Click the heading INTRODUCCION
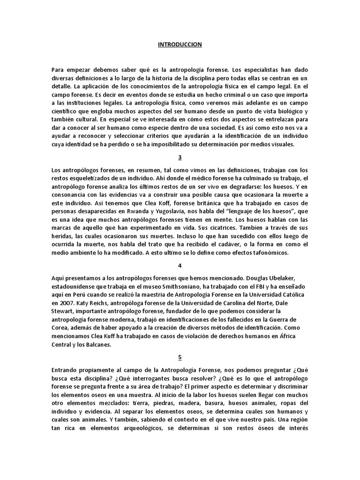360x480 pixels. coord(180,45)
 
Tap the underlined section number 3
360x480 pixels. coord(180,157)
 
